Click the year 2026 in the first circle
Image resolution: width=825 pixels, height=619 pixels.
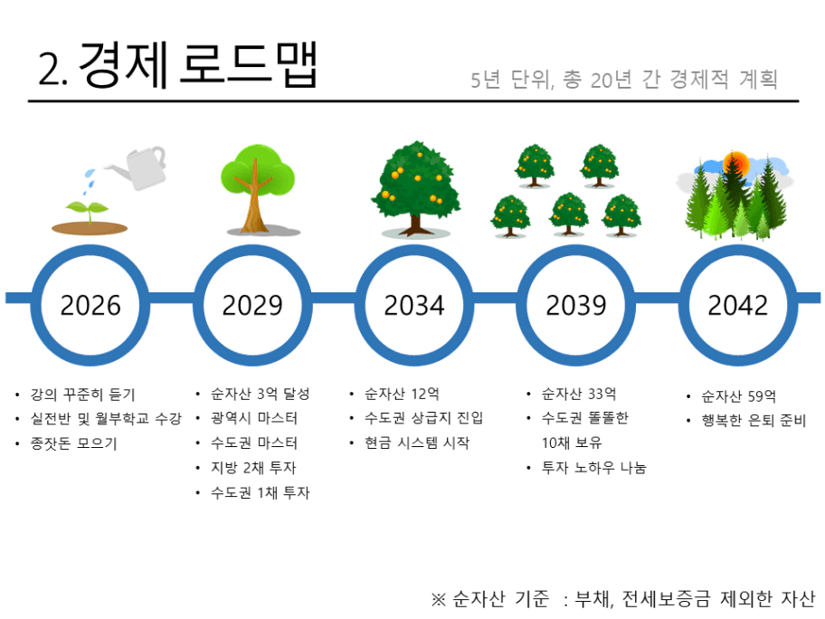[90, 305]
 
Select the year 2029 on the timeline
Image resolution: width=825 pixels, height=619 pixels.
[252, 305]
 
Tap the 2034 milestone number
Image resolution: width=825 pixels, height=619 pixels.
[414, 305]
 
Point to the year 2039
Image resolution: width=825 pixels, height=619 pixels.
[576, 305]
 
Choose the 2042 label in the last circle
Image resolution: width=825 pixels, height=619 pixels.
[737, 305]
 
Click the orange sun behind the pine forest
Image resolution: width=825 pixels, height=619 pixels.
[735, 163]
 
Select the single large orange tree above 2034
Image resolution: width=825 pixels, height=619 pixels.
[415, 189]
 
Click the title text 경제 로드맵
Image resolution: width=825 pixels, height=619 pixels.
[198, 64]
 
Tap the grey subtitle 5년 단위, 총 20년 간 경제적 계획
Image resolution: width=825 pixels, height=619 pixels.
[624, 80]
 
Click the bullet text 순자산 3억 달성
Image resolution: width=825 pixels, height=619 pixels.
[260, 394]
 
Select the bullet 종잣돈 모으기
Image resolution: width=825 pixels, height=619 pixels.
[73, 443]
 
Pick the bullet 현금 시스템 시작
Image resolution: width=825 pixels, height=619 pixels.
[417, 443]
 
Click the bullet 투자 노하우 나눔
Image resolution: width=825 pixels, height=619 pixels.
[593, 467]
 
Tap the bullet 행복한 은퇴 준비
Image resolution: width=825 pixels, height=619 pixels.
[754, 420]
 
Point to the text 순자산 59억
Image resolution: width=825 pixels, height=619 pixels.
[739, 395]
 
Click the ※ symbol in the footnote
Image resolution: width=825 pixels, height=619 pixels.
[438, 599]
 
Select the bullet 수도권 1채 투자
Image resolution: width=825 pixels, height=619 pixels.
[260, 492]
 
